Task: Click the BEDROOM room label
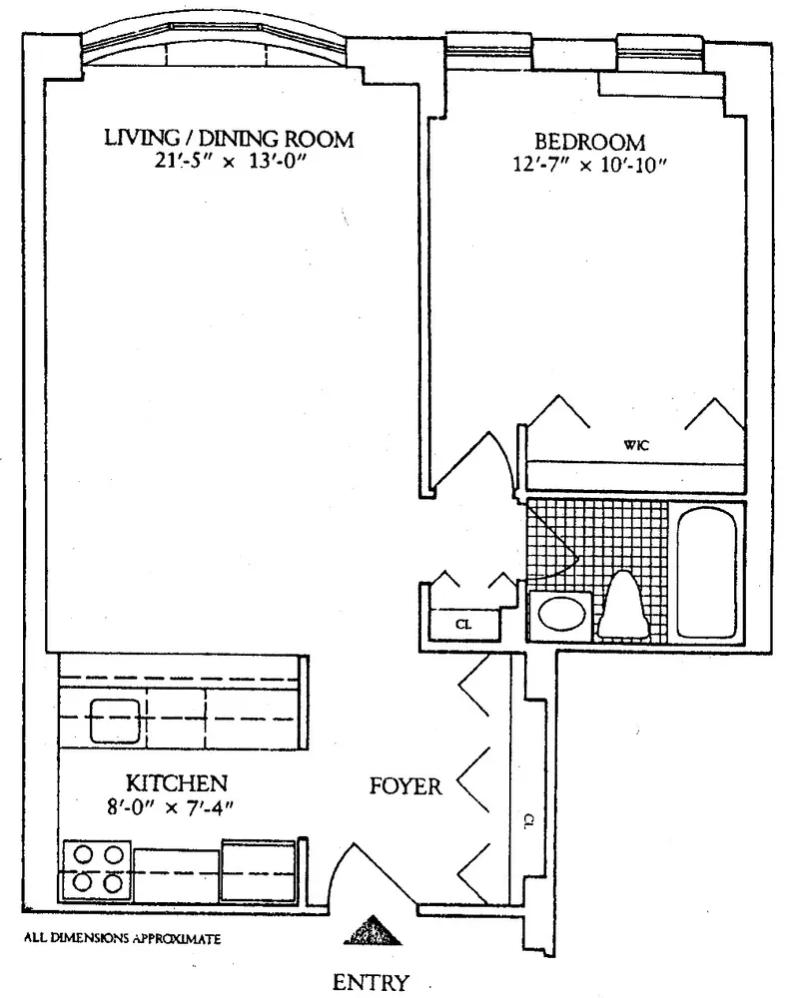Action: pyautogui.click(x=589, y=142)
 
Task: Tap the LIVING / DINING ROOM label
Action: pyautogui.click(x=229, y=138)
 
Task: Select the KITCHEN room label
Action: pyautogui.click(x=177, y=782)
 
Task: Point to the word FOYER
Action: pyautogui.click(x=405, y=786)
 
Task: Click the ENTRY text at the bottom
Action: pyautogui.click(x=371, y=981)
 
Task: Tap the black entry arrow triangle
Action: pyautogui.click(x=373, y=931)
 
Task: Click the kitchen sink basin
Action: pyautogui.click(x=115, y=721)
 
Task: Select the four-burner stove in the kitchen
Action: pyautogui.click(x=97, y=870)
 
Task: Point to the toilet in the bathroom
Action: pyautogui.click(x=623, y=606)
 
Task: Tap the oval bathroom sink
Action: pyautogui.click(x=561, y=614)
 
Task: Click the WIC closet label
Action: pyautogui.click(x=636, y=445)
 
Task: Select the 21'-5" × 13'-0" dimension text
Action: pyautogui.click(x=230, y=162)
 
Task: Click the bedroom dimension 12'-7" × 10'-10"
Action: pyautogui.click(x=589, y=165)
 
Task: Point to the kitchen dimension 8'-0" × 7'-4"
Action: pyautogui.click(x=171, y=807)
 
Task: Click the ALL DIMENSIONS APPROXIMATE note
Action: pyautogui.click(x=122, y=938)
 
